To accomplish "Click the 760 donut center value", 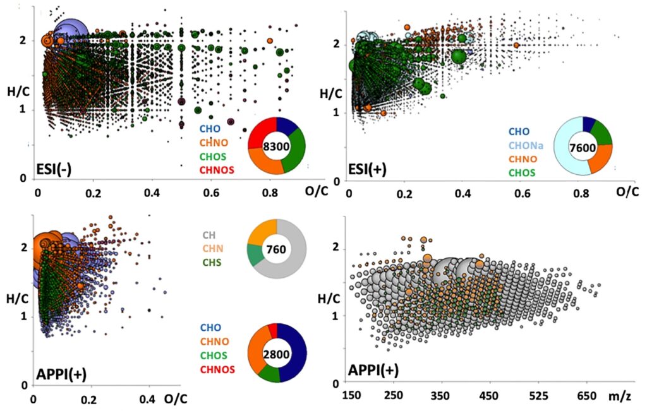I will [x=277, y=249].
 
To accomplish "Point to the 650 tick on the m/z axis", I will [x=586, y=395].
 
